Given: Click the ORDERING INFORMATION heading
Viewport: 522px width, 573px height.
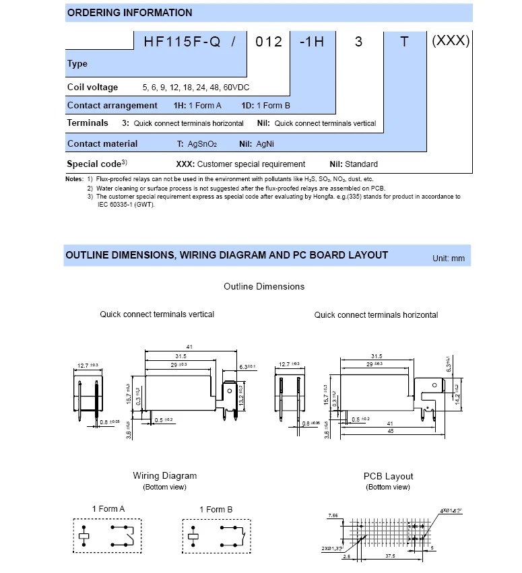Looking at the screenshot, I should click(x=129, y=13).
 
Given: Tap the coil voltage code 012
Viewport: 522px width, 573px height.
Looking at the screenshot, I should click(x=269, y=42).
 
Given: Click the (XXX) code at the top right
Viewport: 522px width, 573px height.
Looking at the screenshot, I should click(x=450, y=41).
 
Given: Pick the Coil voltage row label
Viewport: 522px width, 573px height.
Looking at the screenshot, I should click(x=92, y=87).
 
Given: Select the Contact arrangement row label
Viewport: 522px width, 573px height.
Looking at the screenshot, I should click(x=112, y=106).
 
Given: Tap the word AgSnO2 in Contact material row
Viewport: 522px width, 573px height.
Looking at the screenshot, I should click(x=204, y=144).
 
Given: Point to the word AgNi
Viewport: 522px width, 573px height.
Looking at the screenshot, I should click(x=265, y=144).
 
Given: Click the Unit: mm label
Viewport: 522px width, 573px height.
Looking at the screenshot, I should click(x=449, y=259).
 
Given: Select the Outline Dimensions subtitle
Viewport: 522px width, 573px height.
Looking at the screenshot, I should click(x=264, y=286).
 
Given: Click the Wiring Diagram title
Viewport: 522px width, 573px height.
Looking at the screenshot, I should click(x=164, y=476).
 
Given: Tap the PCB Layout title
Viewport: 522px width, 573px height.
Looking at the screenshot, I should click(x=388, y=476).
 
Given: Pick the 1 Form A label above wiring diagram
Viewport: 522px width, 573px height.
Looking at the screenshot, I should click(x=108, y=509).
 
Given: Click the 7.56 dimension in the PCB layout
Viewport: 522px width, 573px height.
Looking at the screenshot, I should click(x=332, y=515).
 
